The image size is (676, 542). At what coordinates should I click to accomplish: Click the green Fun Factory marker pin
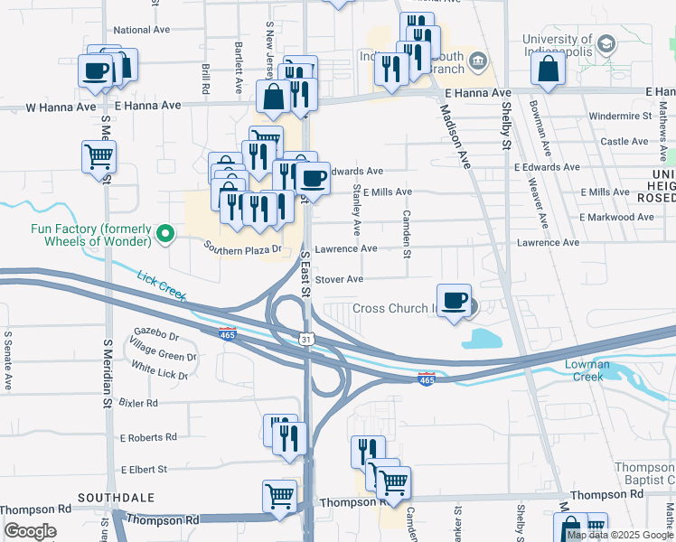coord(164,235)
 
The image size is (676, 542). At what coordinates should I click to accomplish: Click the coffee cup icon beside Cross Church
coord(454,298)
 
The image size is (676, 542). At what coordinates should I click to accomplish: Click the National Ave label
coord(142,30)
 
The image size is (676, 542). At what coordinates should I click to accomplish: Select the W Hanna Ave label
coord(61,107)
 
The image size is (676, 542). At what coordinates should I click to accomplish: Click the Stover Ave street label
coord(339,279)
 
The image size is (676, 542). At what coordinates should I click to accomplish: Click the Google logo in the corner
coord(31,530)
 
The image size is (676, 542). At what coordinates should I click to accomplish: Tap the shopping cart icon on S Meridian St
coord(99,155)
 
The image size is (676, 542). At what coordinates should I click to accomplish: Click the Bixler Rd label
coord(139,403)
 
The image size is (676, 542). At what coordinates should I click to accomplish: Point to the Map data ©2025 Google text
coord(620,535)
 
